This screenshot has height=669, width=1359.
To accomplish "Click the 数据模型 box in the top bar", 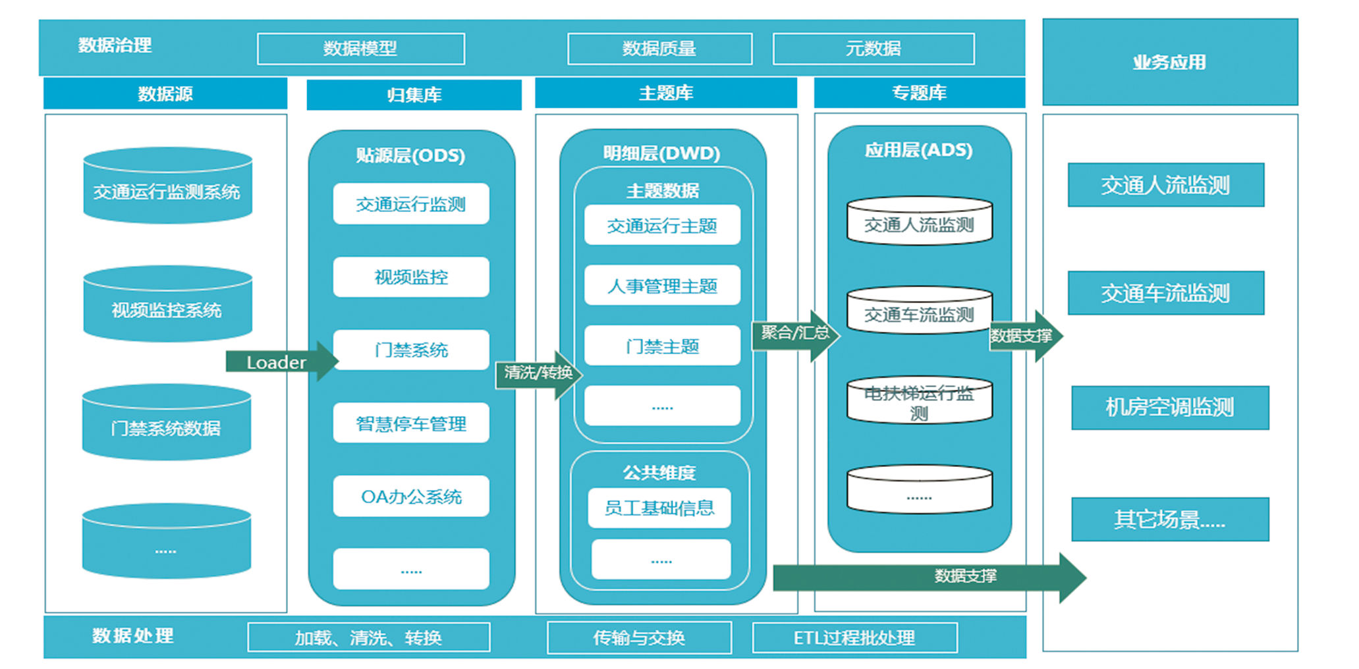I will pyautogui.click(x=360, y=49).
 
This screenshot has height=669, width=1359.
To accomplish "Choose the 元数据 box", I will pyautogui.click(x=873, y=49).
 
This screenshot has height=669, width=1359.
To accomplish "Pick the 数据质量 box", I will pyautogui.click(x=659, y=49).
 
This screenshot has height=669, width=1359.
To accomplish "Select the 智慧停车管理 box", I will pyautogui.click(x=411, y=423).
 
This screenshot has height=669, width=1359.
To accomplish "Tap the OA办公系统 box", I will pyautogui.click(x=411, y=496).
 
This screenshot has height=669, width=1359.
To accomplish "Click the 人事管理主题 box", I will pyautogui.click(x=662, y=286).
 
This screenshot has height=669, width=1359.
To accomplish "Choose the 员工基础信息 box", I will pyautogui.click(x=659, y=508).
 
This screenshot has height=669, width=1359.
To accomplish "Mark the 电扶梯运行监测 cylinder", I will pyautogui.click(x=919, y=401).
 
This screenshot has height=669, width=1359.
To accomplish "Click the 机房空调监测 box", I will pyautogui.click(x=1169, y=408).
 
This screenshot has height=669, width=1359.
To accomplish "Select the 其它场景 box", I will pyautogui.click(x=1169, y=520).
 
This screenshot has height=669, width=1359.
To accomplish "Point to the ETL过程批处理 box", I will pyautogui.click(x=854, y=637).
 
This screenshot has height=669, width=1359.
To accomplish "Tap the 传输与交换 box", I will pyautogui.click(x=639, y=637).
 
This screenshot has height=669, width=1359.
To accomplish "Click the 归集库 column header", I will pyautogui.click(x=414, y=95).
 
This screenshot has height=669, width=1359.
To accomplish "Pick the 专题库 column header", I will pyautogui.click(x=919, y=93).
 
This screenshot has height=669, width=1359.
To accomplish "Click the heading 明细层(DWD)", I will pyautogui.click(x=661, y=153).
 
